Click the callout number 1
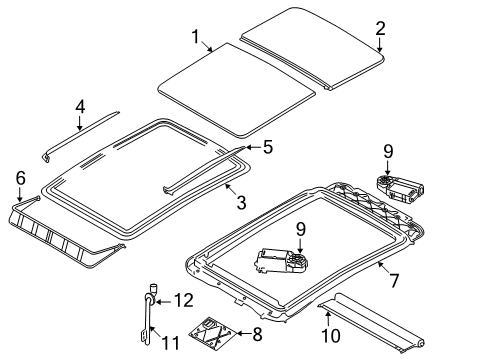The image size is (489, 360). (x=195, y=37)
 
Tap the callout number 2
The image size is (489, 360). (x=380, y=28)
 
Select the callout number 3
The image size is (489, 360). (x=241, y=202)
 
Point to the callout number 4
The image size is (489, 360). (x=80, y=107)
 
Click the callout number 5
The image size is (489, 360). (x=268, y=147)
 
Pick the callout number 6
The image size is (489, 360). (x=20, y=178)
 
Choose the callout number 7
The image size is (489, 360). (x=394, y=280)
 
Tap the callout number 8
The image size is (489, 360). (x=257, y=334)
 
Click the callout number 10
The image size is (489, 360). (x=331, y=335)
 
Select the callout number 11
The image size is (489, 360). (x=170, y=343)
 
